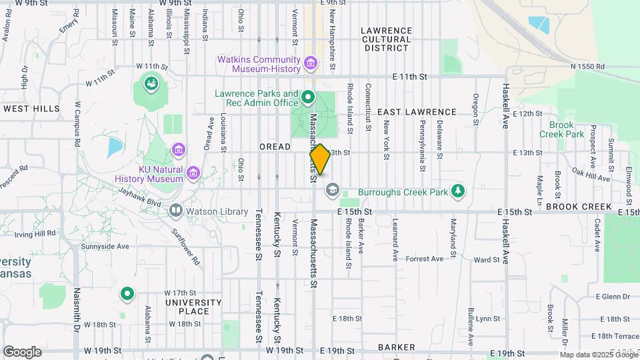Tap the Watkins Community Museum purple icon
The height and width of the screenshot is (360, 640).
[310, 64]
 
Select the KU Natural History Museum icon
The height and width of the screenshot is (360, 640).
[193, 173]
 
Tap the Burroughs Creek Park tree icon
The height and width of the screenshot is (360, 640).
[457, 192]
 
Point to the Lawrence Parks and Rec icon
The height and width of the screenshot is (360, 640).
[307, 99]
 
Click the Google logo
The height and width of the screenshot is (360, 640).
[22, 351]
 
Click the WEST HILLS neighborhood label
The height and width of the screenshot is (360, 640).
[31, 108]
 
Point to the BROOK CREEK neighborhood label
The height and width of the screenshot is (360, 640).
[579, 207]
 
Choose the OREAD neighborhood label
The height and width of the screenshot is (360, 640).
[275, 147]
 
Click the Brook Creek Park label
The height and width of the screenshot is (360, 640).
[566, 129]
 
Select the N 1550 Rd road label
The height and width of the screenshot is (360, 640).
[587, 67]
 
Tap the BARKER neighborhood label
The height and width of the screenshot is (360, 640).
[397, 347]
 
